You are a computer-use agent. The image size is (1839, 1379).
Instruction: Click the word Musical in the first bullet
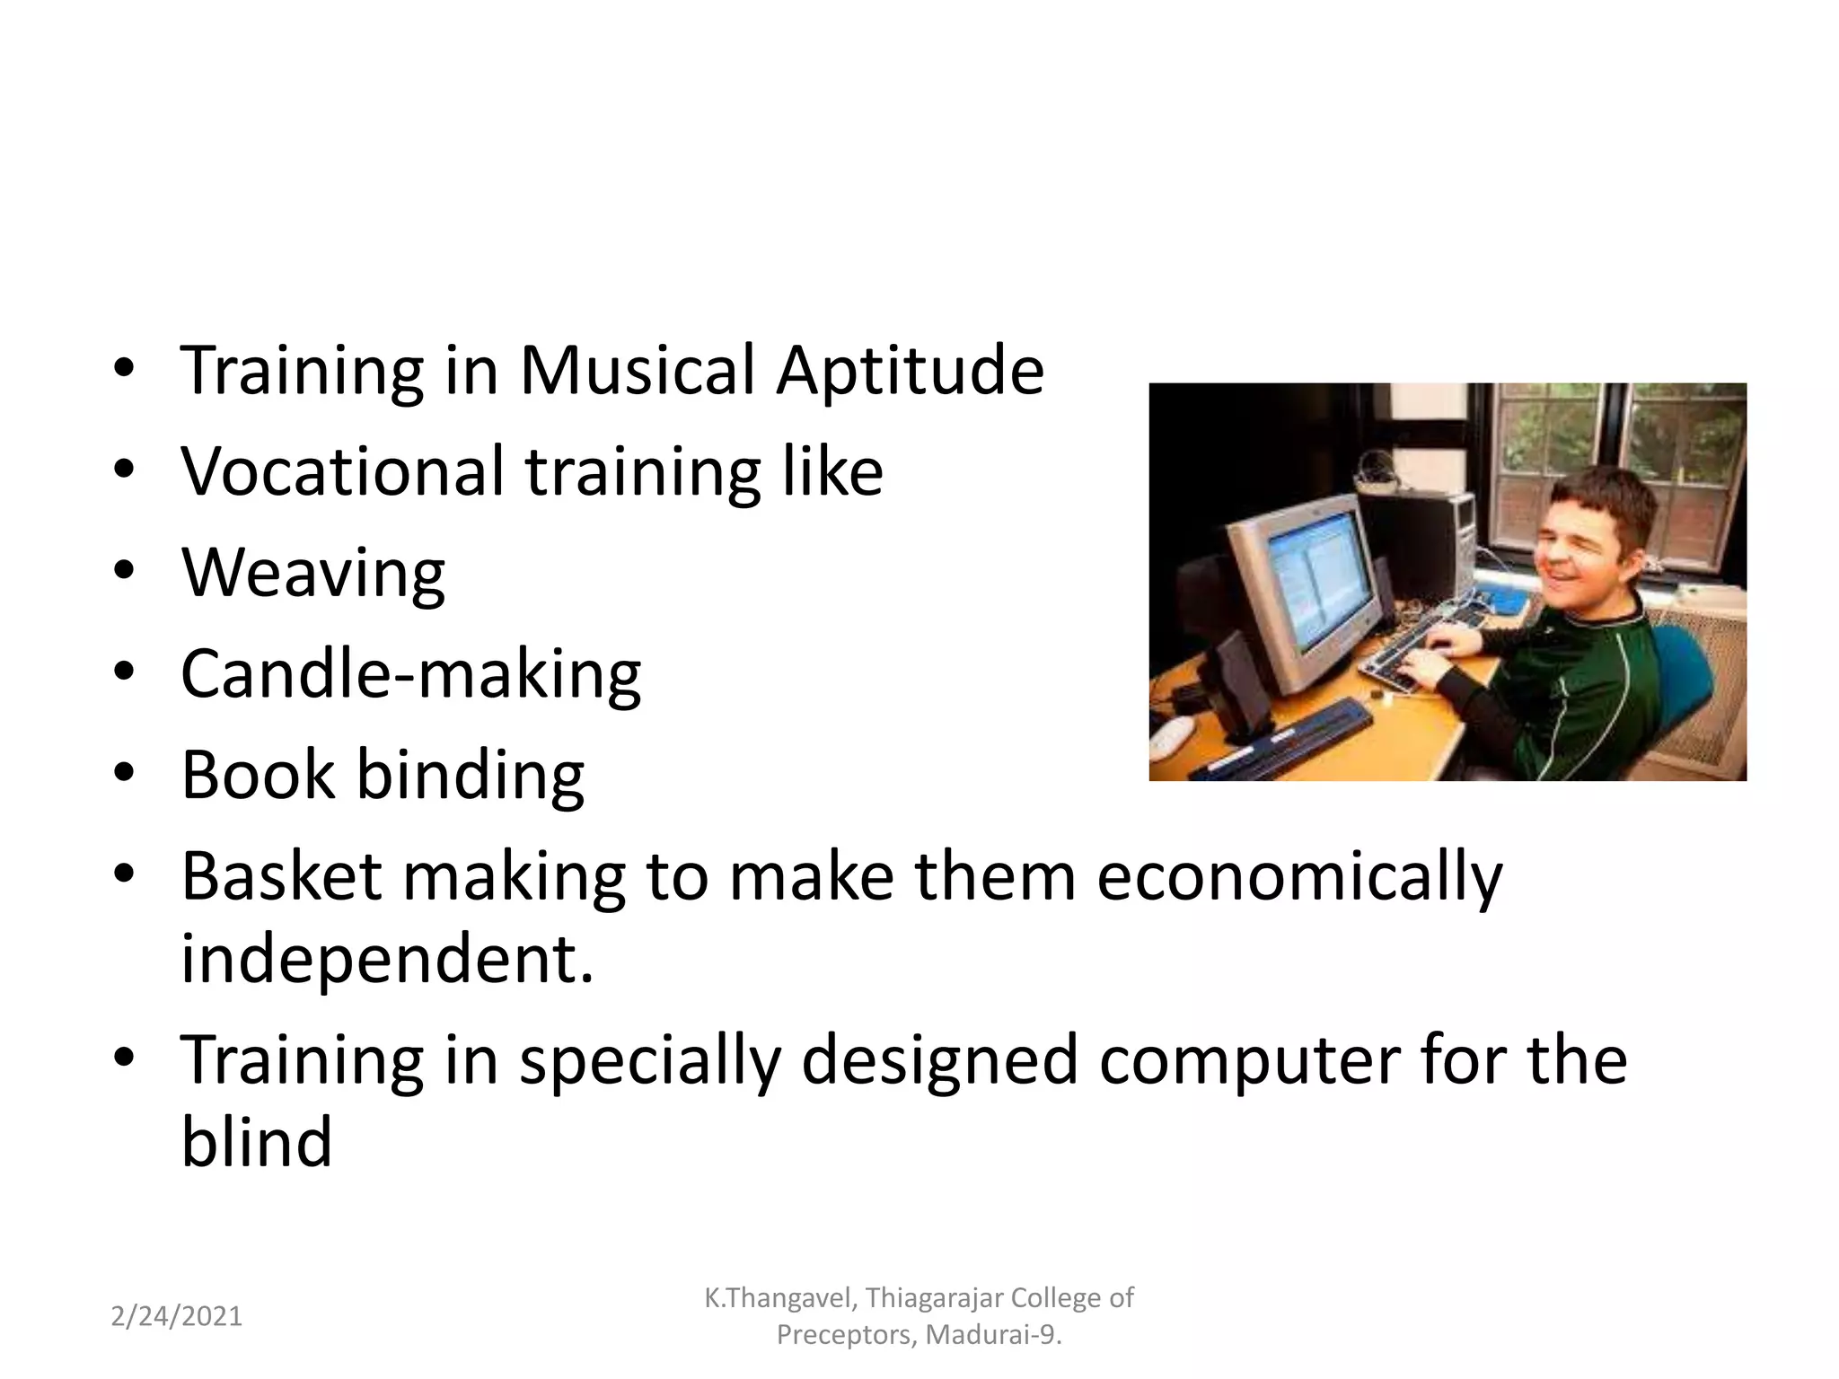pyautogui.click(x=637, y=370)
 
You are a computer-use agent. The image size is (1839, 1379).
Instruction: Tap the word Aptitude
pyautogui.click(x=910, y=372)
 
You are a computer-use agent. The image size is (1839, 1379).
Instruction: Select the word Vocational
pyautogui.click(x=342, y=470)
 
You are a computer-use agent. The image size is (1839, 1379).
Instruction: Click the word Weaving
pyautogui.click(x=312, y=573)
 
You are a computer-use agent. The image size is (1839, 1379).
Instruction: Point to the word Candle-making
pyautogui.click(x=410, y=674)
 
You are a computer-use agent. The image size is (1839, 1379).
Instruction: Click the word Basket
pyautogui.click(x=281, y=876)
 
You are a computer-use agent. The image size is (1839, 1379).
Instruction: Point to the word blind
pyautogui.click(x=256, y=1142)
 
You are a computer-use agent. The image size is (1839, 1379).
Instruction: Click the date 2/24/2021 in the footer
pyautogui.click(x=177, y=1316)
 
